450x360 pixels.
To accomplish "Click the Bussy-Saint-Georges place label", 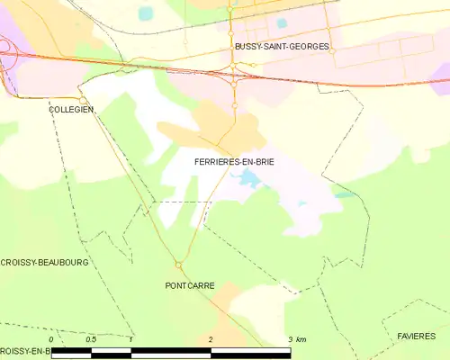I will click(282, 45).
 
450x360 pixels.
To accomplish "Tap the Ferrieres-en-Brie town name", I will click(234, 161).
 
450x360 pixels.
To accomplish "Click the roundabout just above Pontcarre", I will click(178, 265).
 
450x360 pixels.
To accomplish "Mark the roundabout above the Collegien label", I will click(82, 99).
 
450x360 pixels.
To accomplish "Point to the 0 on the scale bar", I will click(52, 338).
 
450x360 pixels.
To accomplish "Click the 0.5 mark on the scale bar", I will click(91, 338).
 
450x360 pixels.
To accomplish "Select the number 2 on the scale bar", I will click(210, 338).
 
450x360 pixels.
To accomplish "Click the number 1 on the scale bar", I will click(131, 338).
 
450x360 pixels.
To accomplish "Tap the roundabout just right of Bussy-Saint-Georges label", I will click(331, 51).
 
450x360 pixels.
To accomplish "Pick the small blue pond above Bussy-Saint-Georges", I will click(282, 22).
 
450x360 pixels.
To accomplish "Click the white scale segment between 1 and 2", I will click(170, 349).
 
